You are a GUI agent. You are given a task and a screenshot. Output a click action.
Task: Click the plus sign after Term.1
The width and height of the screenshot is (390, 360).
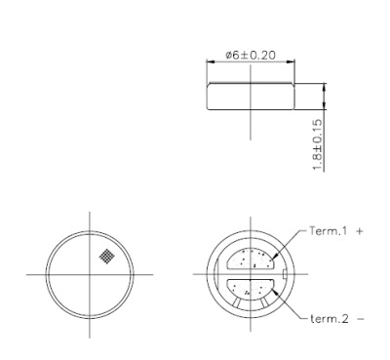pyautogui.click(x=360, y=232)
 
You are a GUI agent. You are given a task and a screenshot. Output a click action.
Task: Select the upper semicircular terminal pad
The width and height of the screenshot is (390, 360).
pyautogui.click(x=252, y=260)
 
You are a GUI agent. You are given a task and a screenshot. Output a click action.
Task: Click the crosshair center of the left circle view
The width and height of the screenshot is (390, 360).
pyautogui.click(x=89, y=274)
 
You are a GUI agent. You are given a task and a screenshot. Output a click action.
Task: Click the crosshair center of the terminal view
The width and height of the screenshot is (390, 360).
pyautogui.click(x=251, y=274)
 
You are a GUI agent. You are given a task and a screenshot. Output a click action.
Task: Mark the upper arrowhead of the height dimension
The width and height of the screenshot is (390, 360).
pyautogui.click(x=323, y=85)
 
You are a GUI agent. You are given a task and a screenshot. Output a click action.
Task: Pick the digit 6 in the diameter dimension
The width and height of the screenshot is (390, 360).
pyautogui.click(x=233, y=56)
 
